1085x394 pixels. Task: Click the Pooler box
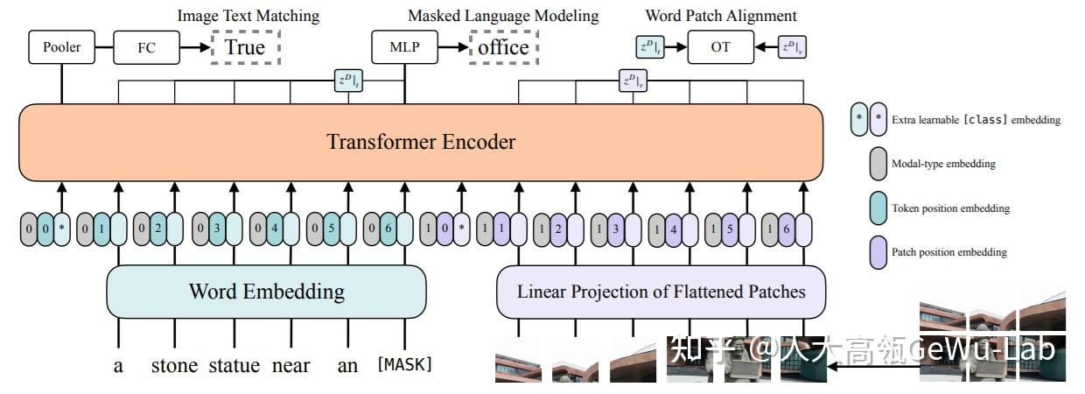[x=61, y=47]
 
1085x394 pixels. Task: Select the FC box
[x=146, y=47]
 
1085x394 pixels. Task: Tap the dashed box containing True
[x=245, y=47]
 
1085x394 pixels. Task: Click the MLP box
[x=404, y=47]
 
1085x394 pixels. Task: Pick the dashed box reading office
[x=503, y=47]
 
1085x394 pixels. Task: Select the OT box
[x=720, y=47]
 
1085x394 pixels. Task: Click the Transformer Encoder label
[x=421, y=142]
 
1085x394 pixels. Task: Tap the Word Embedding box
[x=266, y=292]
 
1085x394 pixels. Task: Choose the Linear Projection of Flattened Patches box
[x=661, y=292]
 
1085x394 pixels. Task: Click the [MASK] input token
[x=404, y=364]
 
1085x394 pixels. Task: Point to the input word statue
[x=234, y=365]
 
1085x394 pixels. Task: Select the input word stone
[x=174, y=365]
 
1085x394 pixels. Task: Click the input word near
[x=290, y=365]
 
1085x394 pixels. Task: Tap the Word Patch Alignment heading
[x=721, y=16]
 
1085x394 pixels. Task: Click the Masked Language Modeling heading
[x=503, y=16]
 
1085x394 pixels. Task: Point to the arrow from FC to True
[x=194, y=47]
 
